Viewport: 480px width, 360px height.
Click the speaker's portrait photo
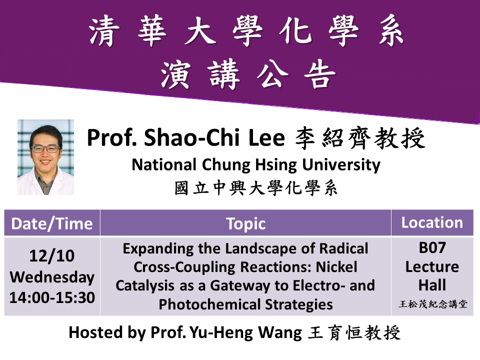point(45,157)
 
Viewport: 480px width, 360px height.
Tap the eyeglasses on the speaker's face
point(45,149)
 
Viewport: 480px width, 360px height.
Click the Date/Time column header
point(52,223)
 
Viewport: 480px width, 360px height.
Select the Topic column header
point(246,224)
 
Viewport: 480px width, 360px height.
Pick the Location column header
point(432,222)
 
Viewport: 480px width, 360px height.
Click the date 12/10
point(52,255)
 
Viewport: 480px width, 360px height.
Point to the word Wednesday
point(52,277)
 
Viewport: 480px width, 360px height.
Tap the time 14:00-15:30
point(52,297)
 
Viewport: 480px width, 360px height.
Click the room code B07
point(432,247)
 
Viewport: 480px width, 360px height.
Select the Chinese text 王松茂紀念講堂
point(433,304)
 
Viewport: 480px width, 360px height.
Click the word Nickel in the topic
point(336,267)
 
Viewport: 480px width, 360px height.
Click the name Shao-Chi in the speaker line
point(191,137)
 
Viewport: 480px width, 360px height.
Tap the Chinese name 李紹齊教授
point(360,138)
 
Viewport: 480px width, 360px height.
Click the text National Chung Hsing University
point(256,165)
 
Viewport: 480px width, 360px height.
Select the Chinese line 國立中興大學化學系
point(256,188)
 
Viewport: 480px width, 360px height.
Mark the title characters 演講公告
point(248,74)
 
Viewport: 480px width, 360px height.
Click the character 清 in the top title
point(104,31)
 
